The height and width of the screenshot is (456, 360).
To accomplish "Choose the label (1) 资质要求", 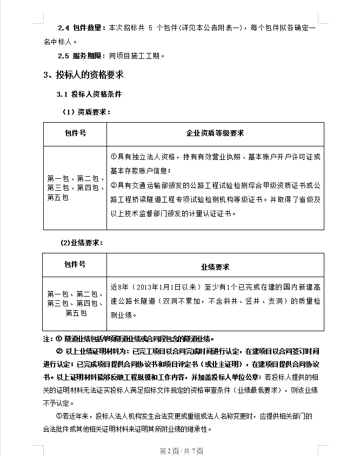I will (86, 112).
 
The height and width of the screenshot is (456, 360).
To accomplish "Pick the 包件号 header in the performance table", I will (75, 265).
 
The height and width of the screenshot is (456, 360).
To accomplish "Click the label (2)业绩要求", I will (81, 243).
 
